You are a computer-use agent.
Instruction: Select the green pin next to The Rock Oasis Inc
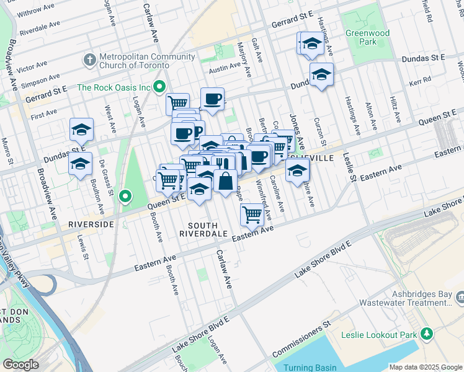click(x=159, y=87)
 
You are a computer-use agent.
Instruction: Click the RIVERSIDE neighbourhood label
click(x=91, y=223)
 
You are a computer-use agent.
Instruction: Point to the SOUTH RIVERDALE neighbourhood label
click(x=199, y=229)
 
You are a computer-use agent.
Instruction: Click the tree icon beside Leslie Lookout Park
click(x=426, y=335)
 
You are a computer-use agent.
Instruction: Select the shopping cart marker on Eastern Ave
click(x=252, y=215)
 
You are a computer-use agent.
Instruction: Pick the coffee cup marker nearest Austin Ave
click(x=213, y=99)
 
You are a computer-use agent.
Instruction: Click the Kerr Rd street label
click(x=419, y=82)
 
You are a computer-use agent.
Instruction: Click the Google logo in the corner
click(x=20, y=365)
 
